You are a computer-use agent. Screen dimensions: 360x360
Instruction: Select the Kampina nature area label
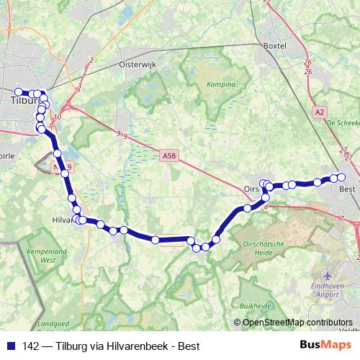click(221, 84)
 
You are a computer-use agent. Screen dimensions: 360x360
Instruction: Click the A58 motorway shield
click(169, 155)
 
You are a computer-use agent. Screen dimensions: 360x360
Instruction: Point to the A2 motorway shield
click(320, 112)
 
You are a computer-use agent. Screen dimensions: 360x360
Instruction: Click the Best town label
click(347, 189)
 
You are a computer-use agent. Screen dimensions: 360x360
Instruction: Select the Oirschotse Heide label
click(266, 247)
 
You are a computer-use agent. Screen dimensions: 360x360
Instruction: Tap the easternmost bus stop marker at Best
click(342, 177)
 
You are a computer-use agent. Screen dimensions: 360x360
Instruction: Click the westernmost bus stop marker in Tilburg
click(19, 92)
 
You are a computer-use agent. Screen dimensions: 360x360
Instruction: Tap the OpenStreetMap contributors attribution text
click(297, 323)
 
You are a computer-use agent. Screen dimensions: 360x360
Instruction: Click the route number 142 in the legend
click(32, 345)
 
